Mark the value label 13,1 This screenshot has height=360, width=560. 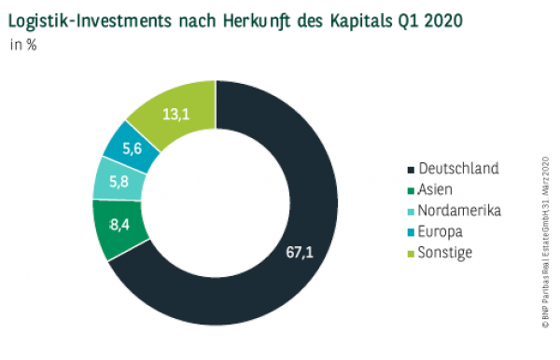[177, 115]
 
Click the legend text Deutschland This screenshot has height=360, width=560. [459, 169]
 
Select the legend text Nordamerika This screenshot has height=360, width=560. [460, 210]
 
